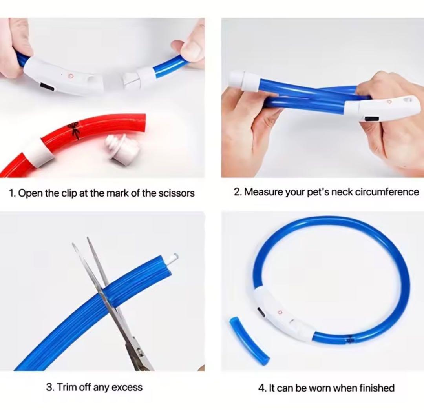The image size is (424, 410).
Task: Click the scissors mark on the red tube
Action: pos(74,130)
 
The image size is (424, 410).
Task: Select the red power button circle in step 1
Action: pos(71,76)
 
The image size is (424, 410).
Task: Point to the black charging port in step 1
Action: pos(48,87)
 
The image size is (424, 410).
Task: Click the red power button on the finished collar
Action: pos(280,312)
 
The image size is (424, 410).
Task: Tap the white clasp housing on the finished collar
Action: pos(284,313)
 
